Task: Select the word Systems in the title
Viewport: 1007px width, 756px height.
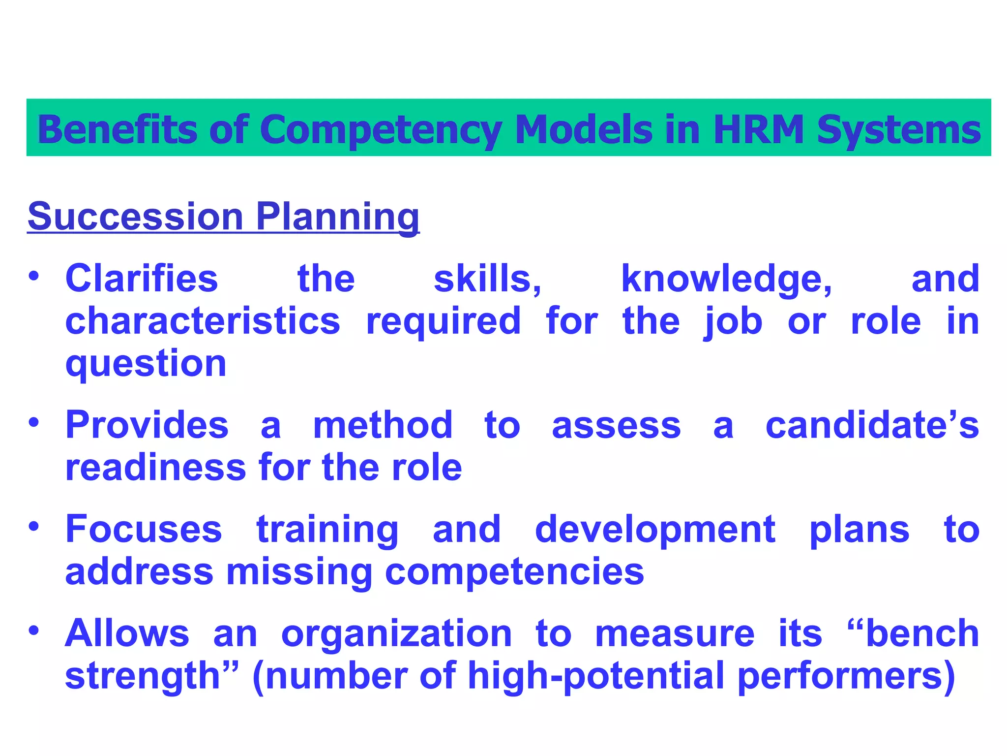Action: [899, 129]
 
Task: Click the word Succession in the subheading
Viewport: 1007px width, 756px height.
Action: [135, 216]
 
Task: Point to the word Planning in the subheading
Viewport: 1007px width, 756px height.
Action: [338, 216]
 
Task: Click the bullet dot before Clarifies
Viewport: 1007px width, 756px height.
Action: [33, 276]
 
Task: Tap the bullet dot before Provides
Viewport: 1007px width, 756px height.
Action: [33, 422]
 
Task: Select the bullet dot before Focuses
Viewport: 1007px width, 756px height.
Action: [33, 527]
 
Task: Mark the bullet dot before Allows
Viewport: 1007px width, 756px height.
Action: [33, 630]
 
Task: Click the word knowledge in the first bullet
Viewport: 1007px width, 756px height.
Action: [727, 279]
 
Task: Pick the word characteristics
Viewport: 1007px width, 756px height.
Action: [203, 321]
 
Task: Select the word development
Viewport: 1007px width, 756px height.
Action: [655, 530]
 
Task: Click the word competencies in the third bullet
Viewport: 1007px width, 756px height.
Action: [514, 572]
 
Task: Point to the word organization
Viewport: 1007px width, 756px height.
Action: [397, 633]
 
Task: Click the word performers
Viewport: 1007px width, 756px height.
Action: [847, 676]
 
